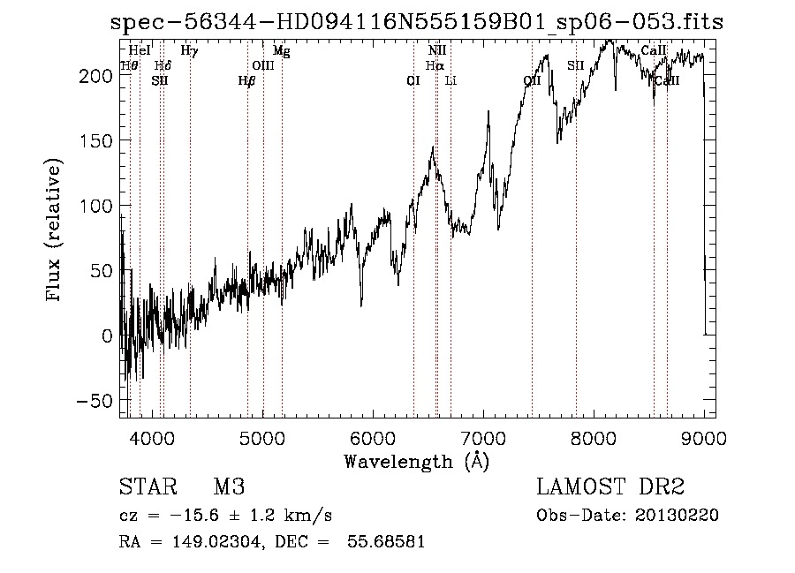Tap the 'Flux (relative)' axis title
(x=55, y=230)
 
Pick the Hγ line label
(x=189, y=51)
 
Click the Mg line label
(x=281, y=51)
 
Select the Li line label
(x=450, y=81)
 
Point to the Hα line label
(x=435, y=65)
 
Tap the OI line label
(x=413, y=81)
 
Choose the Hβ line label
(x=246, y=81)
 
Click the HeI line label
(x=140, y=51)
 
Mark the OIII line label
(x=262, y=65)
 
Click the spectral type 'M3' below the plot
(x=228, y=487)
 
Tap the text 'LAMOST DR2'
(x=609, y=487)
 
